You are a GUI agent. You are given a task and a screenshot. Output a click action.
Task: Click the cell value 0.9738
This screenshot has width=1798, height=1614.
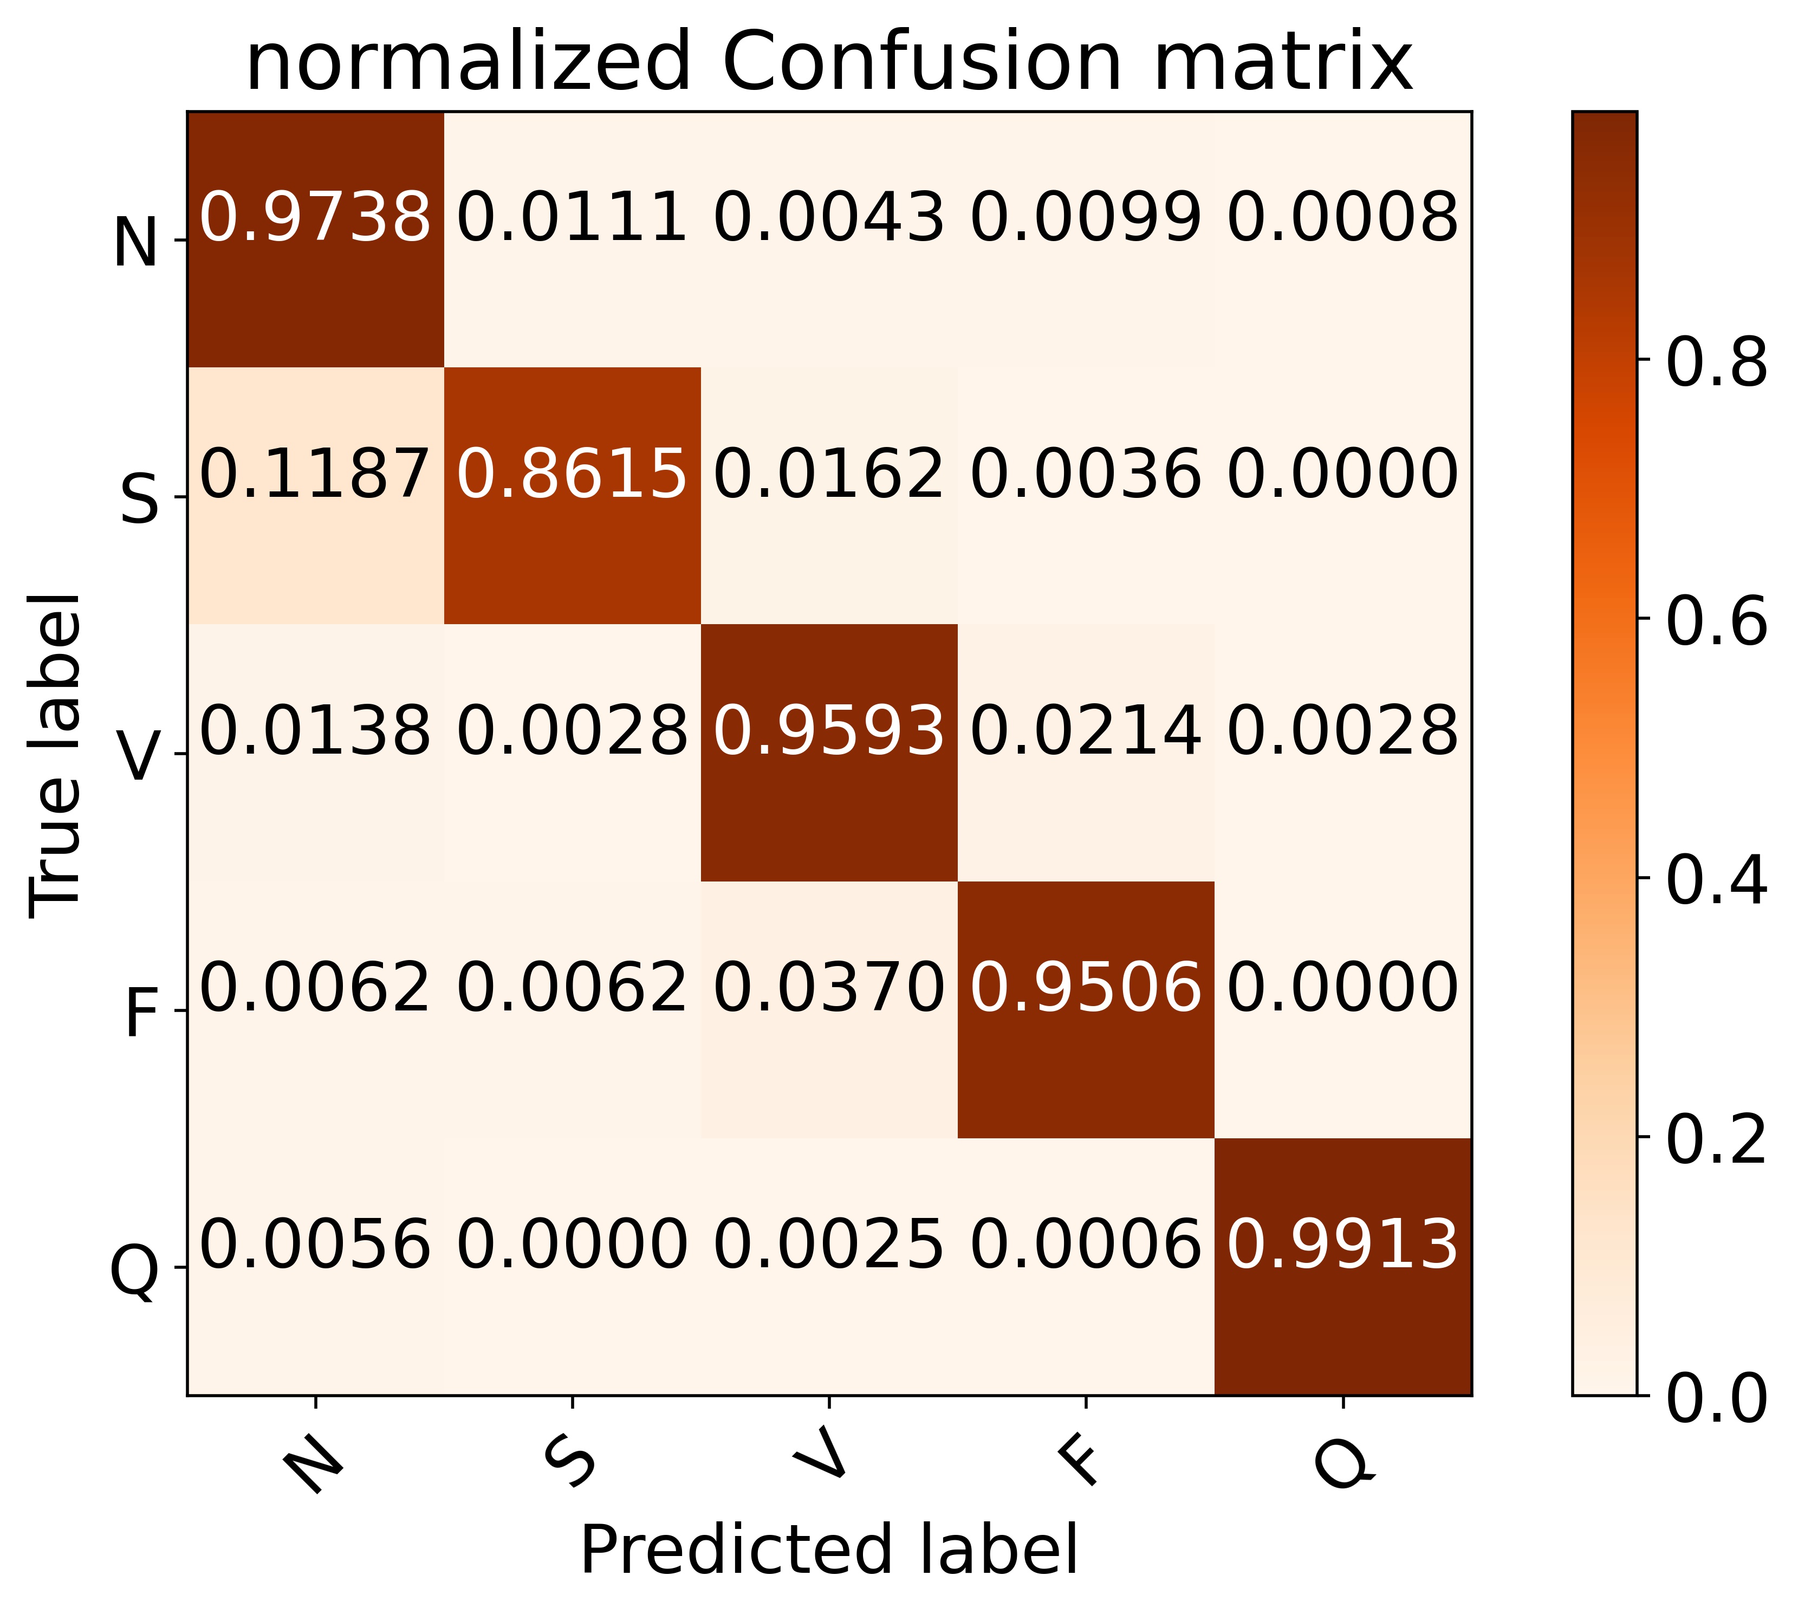315,217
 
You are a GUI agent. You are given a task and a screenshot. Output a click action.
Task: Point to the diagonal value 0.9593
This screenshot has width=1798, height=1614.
829,731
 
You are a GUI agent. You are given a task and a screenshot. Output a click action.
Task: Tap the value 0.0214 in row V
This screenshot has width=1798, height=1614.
1086,731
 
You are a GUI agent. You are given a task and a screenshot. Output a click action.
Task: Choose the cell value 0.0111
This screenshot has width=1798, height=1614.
572,217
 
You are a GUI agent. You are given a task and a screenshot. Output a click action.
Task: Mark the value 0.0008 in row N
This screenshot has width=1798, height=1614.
1342,217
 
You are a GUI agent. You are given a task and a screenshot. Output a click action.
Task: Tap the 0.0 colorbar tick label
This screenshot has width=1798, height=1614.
1716,1401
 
